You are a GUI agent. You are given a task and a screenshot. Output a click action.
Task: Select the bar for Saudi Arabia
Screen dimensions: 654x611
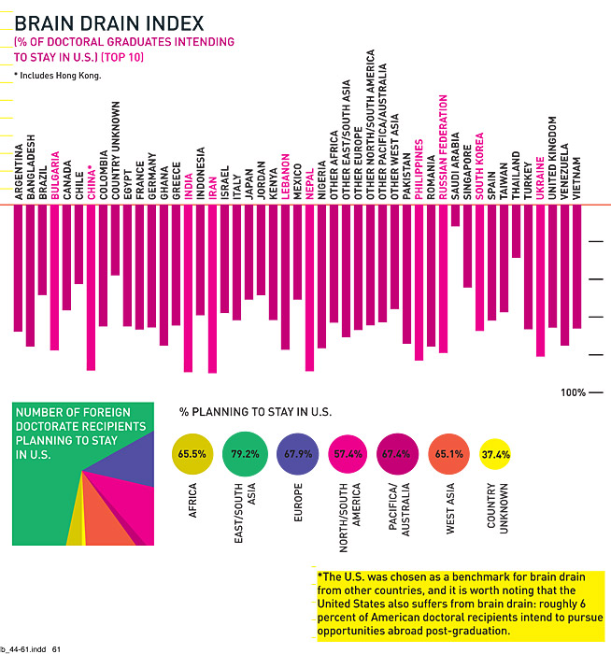[455, 216]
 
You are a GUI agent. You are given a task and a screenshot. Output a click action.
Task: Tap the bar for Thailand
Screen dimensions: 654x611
[516, 231]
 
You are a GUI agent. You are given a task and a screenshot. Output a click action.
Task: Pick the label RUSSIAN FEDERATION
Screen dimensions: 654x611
[443, 149]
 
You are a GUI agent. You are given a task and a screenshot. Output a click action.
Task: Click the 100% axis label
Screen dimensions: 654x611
[573, 392]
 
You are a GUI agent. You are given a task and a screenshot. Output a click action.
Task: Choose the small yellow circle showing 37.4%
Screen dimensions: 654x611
[495, 455]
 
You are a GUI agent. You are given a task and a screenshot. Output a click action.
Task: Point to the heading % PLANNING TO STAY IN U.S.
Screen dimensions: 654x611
[255, 411]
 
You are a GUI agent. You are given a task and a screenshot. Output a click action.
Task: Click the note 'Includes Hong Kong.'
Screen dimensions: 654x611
[58, 75]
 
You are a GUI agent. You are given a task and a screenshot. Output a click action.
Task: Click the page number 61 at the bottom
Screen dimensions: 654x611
[56, 647]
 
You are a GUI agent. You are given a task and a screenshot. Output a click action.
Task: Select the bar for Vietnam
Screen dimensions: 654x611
[576, 266]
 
